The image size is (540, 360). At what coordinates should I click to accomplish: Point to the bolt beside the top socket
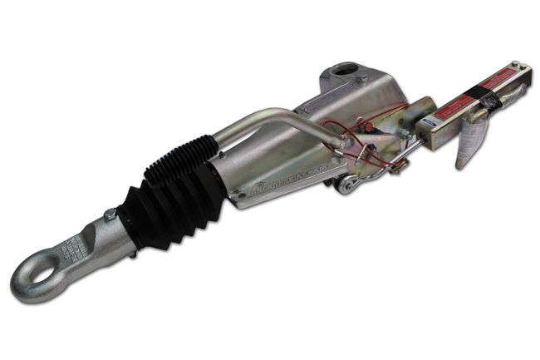pos(361,79)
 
